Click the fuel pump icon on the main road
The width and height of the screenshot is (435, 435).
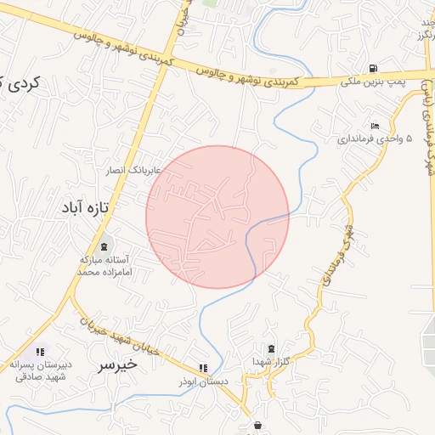pos(373,69)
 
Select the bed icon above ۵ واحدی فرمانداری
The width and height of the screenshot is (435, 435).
pos(374,126)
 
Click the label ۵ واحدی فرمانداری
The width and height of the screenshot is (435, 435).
pos(374,138)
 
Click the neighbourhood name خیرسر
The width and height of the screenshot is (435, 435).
pos(117,365)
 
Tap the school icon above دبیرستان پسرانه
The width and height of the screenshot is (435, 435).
pos(39,352)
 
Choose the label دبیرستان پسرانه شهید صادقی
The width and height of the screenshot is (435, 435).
pos(39,370)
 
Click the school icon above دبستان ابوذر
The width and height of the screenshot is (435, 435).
pos(202,369)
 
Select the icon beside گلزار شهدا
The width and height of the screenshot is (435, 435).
pos(271,348)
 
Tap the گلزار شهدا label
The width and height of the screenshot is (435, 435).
pos(270,362)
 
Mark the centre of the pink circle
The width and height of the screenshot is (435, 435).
pos(217,217)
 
